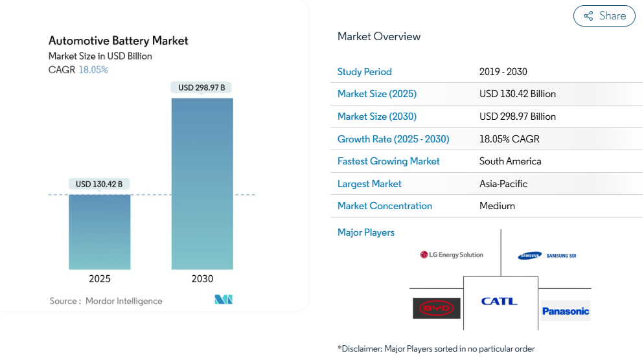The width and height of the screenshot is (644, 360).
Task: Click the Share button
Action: pyautogui.click(x=604, y=16)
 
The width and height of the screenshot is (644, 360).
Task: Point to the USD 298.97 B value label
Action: pyautogui.click(x=201, y=87)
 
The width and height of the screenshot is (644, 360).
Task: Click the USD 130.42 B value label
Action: pyautogui.click(x=99, y=184)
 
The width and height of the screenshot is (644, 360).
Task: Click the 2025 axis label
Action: pyautogui.click(x=100, y=279)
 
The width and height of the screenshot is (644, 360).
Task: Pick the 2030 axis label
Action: pyautogui.click(x=202, y=279)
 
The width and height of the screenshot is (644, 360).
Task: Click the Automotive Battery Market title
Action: pyautogui.click(x=119, y=41)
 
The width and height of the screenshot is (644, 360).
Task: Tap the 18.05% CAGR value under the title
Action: pyautogui.click(x=93, y=70)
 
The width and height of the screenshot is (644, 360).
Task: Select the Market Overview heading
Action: pyautogui.click(x=379, y=37)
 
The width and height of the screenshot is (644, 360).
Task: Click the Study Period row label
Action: pyautogui.click(x=365, y=72)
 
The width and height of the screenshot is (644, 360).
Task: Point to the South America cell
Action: pyautogui.click(x=510, y=161)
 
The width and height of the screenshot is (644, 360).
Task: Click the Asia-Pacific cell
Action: pyautogui.click(x=503, y=184)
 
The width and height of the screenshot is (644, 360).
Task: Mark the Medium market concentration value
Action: pyautogui.click(x=497, y=206)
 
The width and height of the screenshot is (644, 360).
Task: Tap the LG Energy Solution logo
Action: pyautogui.click(x=452, y=255)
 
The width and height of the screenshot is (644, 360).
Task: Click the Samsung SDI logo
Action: pyautogui.click(x=547, y=256)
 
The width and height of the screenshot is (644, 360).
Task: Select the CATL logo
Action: pyautogui.click(x=499, y=301)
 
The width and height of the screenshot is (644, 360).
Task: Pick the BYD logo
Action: pyautogui.click(x=437, y=308)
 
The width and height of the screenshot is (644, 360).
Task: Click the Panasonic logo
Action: pyautogui.click(x=566, y=311)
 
